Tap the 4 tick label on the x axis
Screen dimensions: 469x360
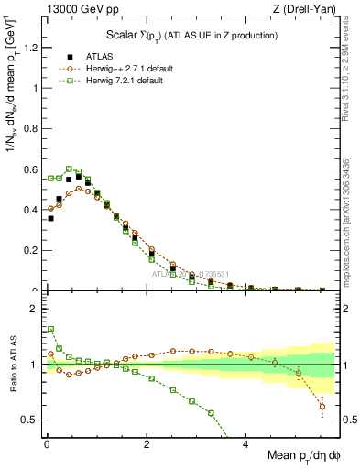click(246, 445)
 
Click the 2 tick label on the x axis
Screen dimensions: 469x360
click(147, 445)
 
